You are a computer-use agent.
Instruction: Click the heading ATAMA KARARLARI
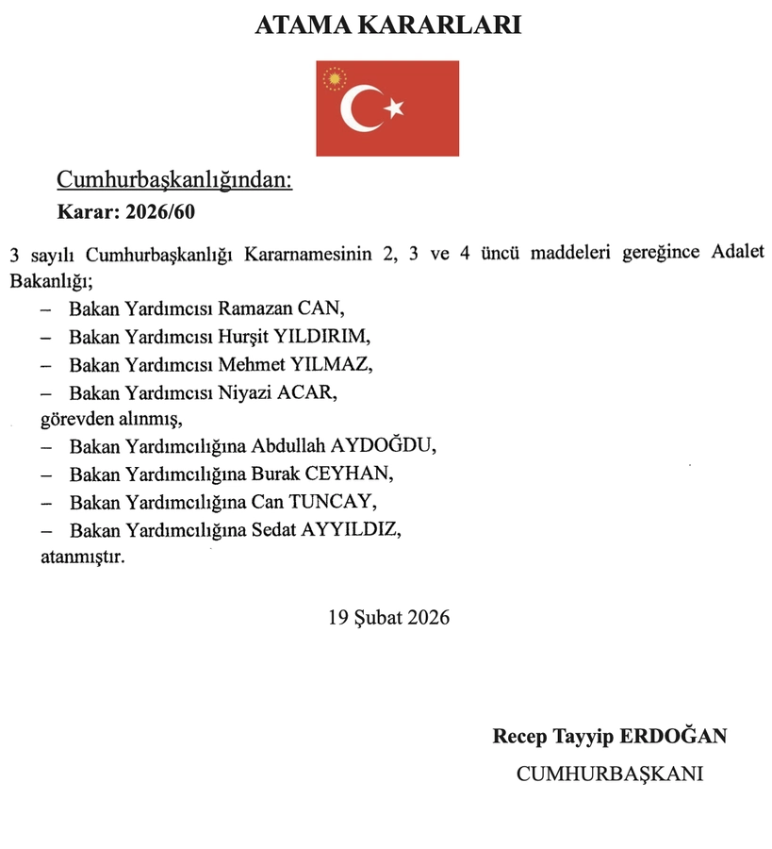point(387,26)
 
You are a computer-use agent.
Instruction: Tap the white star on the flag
point(394,108)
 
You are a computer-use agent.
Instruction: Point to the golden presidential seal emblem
point(334,78)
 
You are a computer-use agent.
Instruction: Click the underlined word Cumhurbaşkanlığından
point(174,179)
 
